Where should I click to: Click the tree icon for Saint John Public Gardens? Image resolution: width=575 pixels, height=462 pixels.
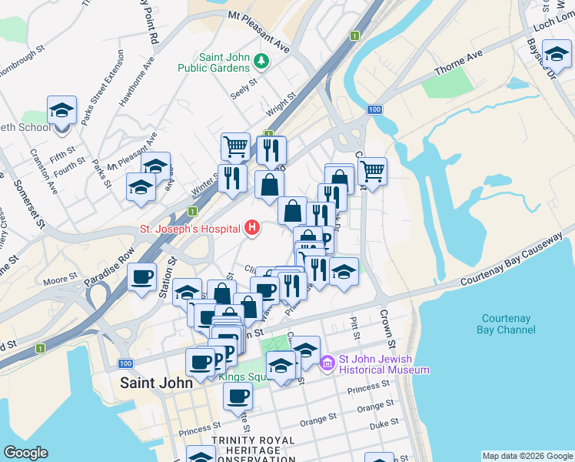261,61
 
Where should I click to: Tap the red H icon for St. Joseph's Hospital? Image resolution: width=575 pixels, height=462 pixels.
251,228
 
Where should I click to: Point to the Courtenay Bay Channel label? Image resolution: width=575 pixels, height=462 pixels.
508,324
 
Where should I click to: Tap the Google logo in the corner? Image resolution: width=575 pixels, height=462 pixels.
25,453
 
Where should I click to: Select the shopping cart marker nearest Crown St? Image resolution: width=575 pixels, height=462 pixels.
372,170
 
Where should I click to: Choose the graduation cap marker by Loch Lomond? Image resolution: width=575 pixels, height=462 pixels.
556,53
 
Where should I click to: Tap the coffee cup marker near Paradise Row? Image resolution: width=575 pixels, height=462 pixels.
142,277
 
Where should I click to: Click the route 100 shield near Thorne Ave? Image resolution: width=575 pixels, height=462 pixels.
374,110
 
